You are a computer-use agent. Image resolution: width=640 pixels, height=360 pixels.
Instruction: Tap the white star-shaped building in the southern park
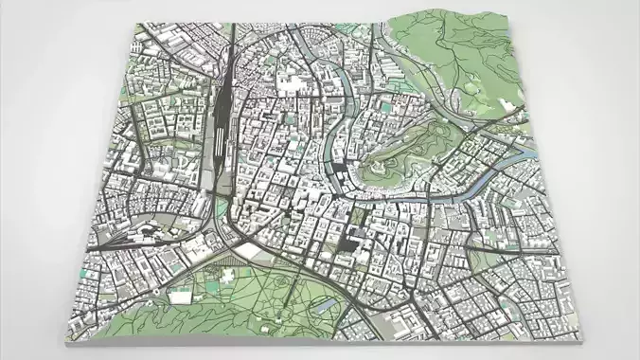[228, 276]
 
